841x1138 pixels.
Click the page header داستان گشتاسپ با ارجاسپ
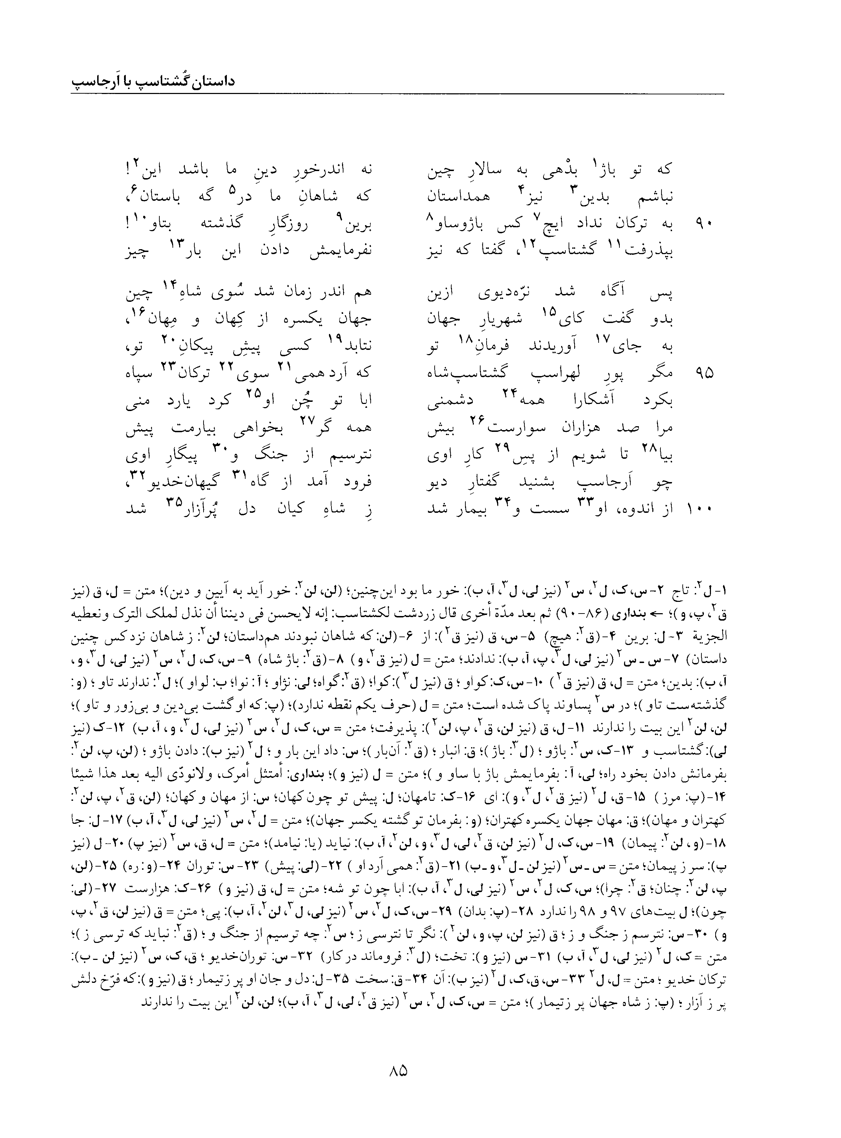pos(152,82)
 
